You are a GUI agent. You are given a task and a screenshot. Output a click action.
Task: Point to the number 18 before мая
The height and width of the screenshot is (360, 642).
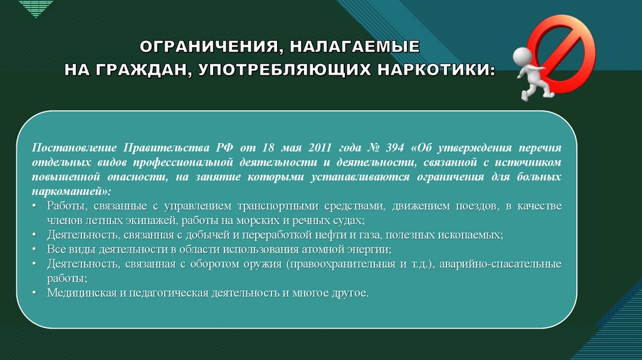[x=268, y=147]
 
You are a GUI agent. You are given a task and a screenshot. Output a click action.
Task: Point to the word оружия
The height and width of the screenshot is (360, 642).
[x=263, y=264]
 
